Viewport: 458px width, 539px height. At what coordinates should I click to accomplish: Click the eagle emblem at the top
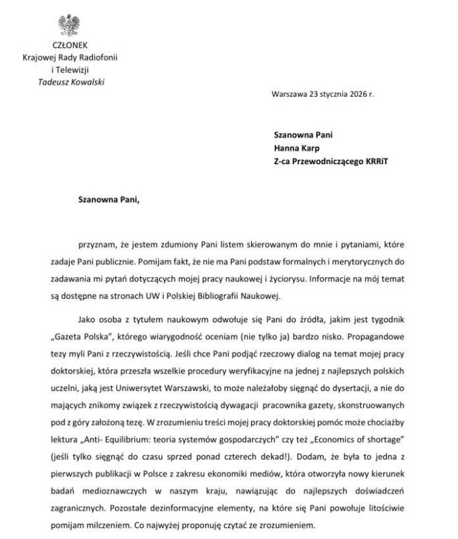point(69,24)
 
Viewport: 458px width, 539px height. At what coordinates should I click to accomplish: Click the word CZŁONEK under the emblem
point(69,46)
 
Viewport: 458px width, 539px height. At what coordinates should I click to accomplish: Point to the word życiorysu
point(324,257)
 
